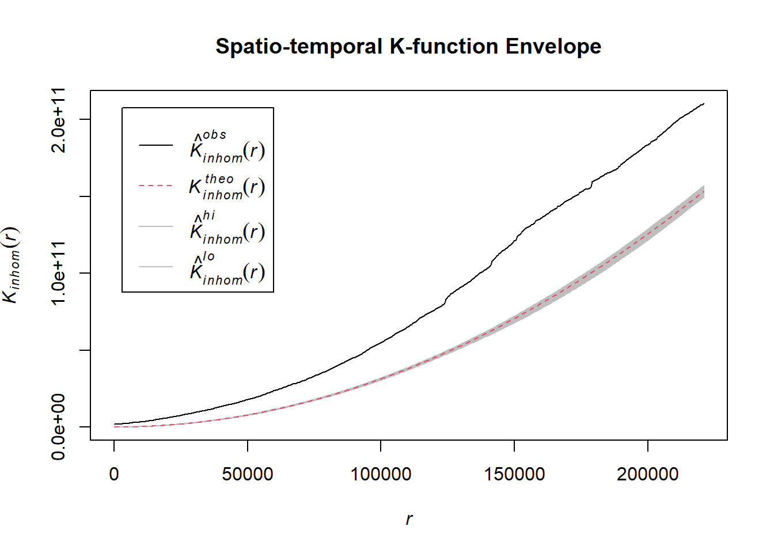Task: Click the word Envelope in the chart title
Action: click(553, 46)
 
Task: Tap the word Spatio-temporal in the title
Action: click(299, 46)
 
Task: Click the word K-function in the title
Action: click(444, 46)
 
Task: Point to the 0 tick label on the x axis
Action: click(114, 474)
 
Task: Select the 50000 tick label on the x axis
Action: click(248, 474)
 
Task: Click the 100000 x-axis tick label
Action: click(381, 474)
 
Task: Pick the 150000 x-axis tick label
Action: click(514, 474)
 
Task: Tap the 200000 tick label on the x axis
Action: click(647, 474)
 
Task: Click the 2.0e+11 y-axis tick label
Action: click(58, 120)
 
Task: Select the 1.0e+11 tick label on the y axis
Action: click(58, 273)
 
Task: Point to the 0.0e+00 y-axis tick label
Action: click(58, 427)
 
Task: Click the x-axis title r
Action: click(409, 519)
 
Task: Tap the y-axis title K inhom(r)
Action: click(12, 265)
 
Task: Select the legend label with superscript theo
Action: click(227, 187)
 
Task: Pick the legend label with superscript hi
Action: click(227, 228)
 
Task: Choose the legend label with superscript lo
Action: click(227, 268)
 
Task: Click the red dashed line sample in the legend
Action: click(155, 186)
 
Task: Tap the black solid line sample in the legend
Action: click(155, 145)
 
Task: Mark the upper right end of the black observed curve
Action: click(704, 104)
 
